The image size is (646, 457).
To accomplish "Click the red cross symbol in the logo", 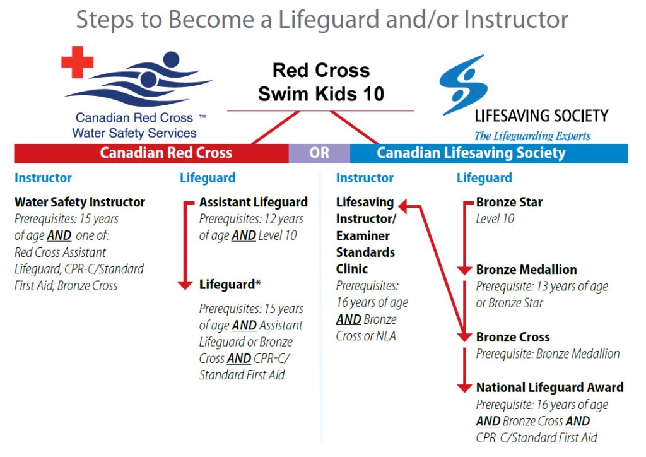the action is (78, 62).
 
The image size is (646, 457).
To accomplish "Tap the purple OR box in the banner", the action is (319, 153).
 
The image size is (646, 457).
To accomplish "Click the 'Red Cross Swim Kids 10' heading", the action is (321, 82).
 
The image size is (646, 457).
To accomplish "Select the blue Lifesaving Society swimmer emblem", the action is (464, 85).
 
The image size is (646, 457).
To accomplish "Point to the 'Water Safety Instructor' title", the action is (80, 203).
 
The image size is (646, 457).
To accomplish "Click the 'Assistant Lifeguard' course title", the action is (254, 203).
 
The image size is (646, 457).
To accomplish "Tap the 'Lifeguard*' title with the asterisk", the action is (230, 284).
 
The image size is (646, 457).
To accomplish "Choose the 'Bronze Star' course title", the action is (509, 203).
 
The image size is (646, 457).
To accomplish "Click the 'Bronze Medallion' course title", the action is (527, 270).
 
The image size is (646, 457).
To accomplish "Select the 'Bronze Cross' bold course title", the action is (513, 337).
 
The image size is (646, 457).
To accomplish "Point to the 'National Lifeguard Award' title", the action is (549, 388).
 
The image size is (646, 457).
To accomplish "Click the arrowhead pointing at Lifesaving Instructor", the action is (404, 206).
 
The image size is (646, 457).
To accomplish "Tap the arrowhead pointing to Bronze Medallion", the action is (464, 270).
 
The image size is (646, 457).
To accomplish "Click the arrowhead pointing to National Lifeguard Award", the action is (464, 388).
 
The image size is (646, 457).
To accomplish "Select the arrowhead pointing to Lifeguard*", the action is (185, 285).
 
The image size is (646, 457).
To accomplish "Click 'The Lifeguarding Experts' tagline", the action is (532, 136).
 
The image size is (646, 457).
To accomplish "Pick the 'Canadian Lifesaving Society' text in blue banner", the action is (471, 153).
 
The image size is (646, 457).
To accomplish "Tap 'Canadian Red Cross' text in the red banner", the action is (166, 153).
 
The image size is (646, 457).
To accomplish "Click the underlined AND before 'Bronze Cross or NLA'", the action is (348, 319).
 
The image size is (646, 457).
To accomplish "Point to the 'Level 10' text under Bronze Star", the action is (495, 219).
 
